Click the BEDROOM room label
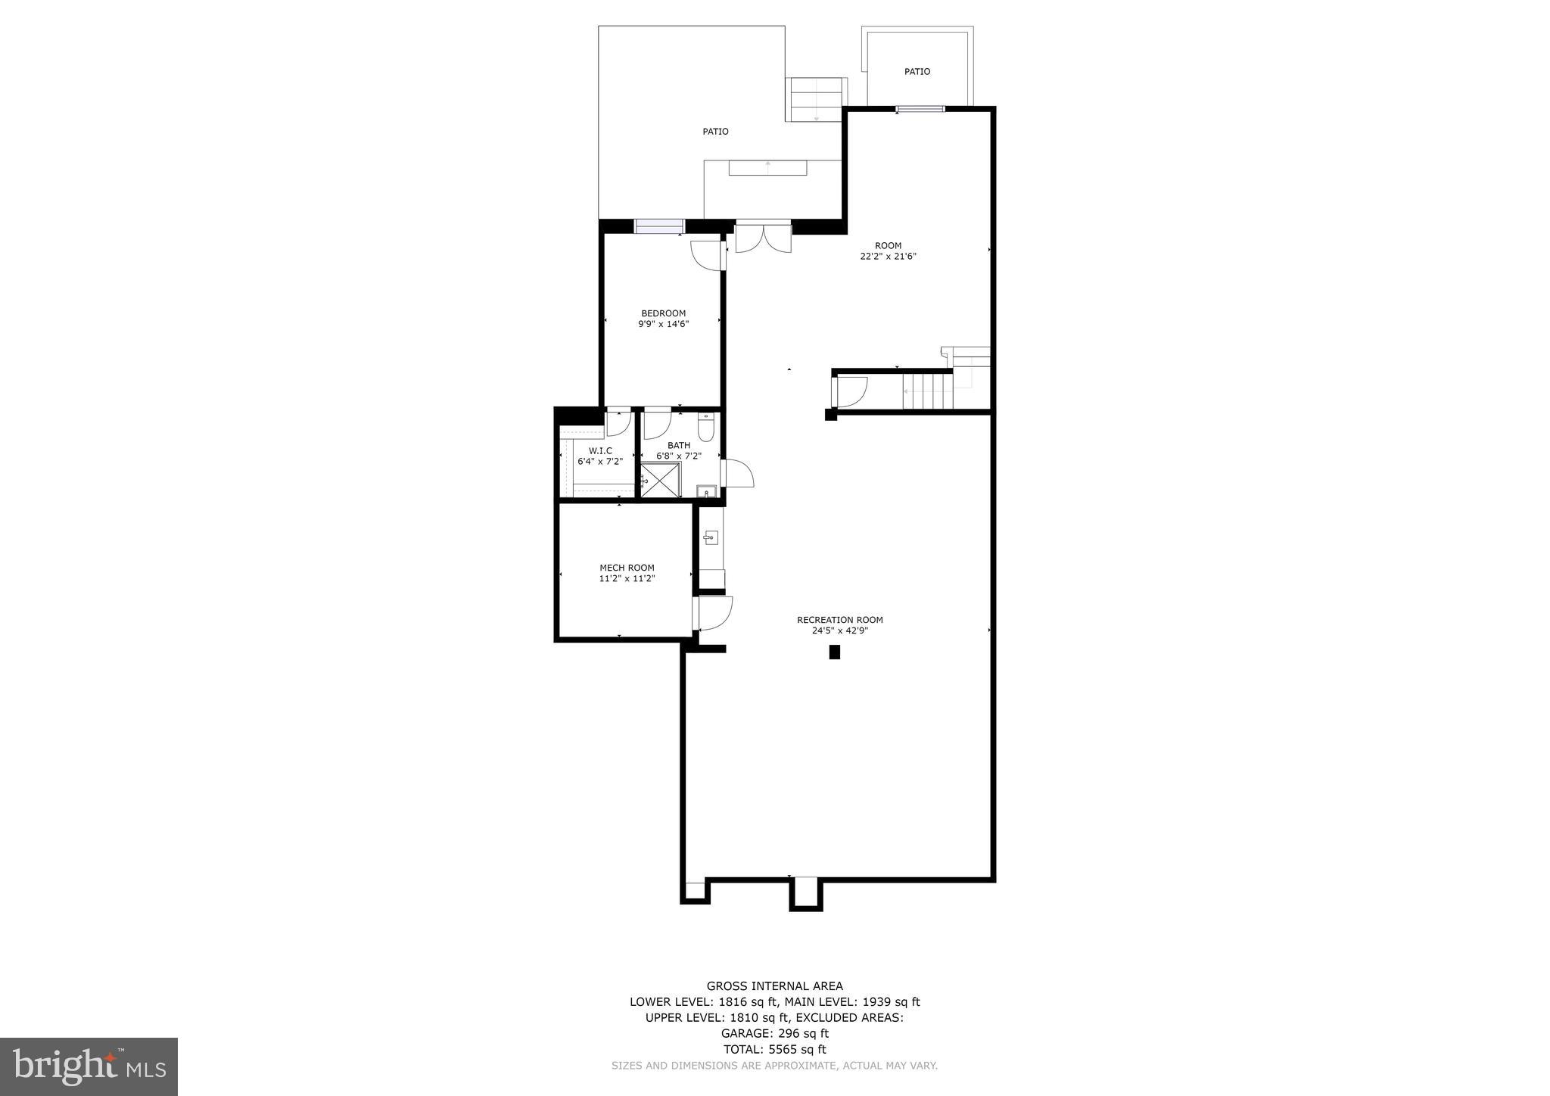663,313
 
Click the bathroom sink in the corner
707,491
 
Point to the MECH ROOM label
627,568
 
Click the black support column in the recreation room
835,652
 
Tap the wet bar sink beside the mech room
710,538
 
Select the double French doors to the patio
763,236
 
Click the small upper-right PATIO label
917,72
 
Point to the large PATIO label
715,132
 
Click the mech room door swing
714,613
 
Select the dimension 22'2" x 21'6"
889,257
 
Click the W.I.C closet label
600,451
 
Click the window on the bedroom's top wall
659,226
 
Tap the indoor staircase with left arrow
927,391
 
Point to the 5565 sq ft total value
797,1049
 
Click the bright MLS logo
89,1066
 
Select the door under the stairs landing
849,391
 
